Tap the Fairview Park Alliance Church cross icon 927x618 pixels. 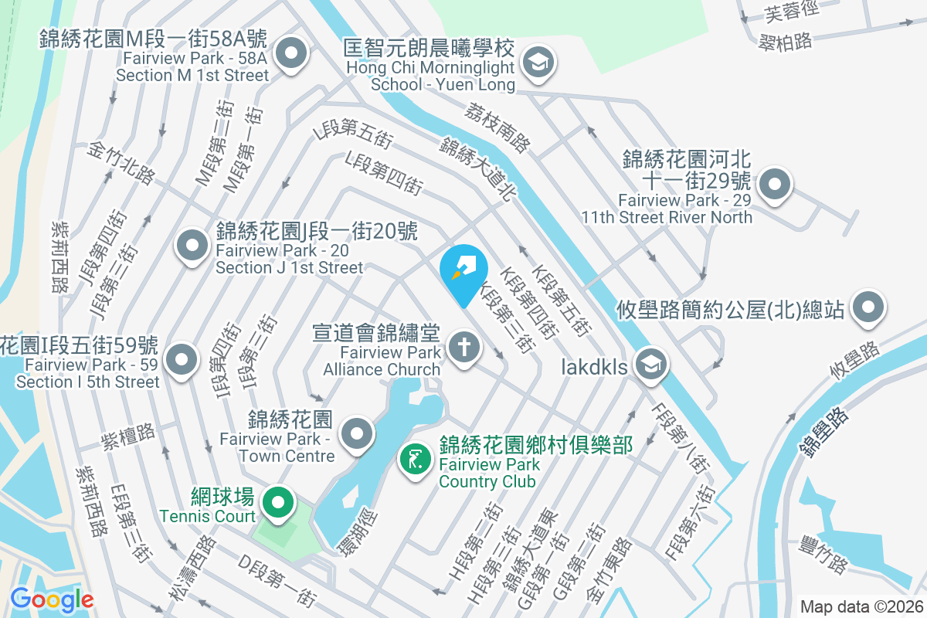(x=463, y=347)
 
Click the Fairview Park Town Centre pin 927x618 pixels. (x=356, y=434)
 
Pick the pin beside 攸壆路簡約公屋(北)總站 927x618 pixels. (x=868, y=307)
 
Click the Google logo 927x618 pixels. (x=52, y=599)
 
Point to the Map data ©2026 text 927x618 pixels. (x=861, y=606)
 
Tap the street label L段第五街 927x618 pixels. (x=353, y=134)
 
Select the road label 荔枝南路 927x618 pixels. (x=498, y=127)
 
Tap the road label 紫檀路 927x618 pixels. (x=129, y=436)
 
